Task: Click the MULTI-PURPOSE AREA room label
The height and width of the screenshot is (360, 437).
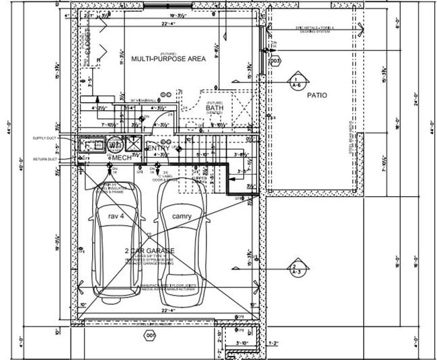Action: (x=168, y=59)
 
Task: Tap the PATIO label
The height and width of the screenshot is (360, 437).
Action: (x=317, y=95)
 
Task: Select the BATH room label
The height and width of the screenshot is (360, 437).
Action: (x=214, y=107)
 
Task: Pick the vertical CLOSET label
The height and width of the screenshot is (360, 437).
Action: (x=88, y=43)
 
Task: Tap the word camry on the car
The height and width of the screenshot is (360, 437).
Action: (x=181, y=216)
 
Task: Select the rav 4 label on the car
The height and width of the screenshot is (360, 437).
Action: (x=117, y=216)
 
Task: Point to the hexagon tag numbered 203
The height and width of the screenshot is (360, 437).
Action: (x=274, y=61)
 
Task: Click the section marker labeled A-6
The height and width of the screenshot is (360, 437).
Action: (x=295, y=82)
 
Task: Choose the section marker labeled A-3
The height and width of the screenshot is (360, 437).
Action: (x=294, y=270)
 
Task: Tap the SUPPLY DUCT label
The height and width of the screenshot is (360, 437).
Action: (x=45, y=138)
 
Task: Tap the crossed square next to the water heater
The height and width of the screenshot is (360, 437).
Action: (x=133, y=143)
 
